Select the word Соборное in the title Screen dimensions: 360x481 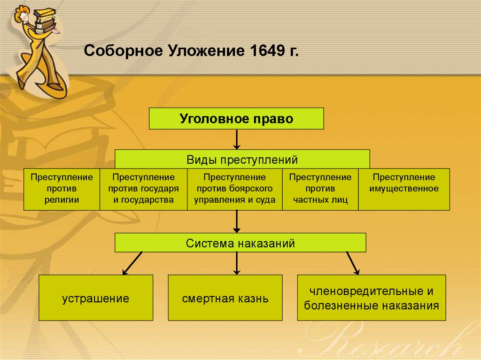[x=121, y=50]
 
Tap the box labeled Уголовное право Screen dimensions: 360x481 [x=236, y=118]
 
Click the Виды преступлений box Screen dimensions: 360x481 [x=242, y=159]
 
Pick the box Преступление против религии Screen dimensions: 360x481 [x=62, y=189]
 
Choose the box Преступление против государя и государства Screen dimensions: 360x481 [x=143, y=189]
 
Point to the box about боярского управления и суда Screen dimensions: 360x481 [x=235, y=189]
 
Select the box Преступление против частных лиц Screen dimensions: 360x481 [x=320, y=189]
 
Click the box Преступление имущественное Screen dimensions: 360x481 [x=404, y=189]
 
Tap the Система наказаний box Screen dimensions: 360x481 [x=240, y=243]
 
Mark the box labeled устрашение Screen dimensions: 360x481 [x=96, y=298]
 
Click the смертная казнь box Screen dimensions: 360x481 [x=225, y=298]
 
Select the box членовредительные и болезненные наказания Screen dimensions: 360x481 [x=372, y=298]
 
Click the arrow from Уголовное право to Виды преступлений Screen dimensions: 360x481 [x=237, y=139]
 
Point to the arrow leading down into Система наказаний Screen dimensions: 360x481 [x=237, y=221]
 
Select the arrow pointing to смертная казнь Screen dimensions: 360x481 [x=237, y=263]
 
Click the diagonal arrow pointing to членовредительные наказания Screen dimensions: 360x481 [x=353, y=263]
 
